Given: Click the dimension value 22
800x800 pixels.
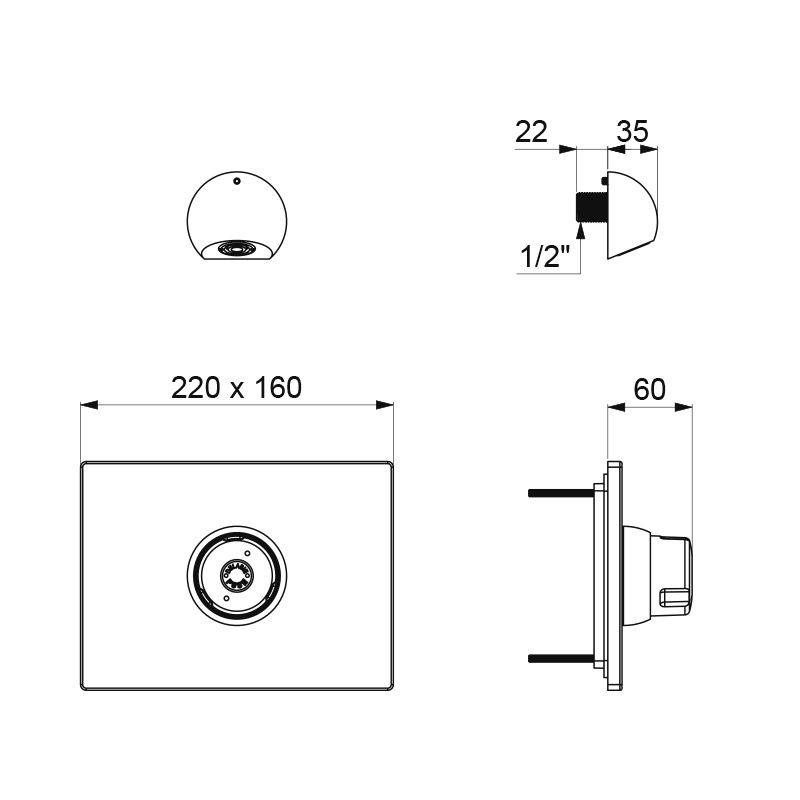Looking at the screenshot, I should (532, 131).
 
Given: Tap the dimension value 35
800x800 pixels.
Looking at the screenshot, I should (632, 131).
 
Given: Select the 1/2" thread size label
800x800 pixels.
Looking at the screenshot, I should (544, 259).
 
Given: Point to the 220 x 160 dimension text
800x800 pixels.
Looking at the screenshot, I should (236, 388).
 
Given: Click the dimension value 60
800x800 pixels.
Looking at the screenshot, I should (649, 390).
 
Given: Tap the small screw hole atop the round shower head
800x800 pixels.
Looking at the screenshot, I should (236, 182).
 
